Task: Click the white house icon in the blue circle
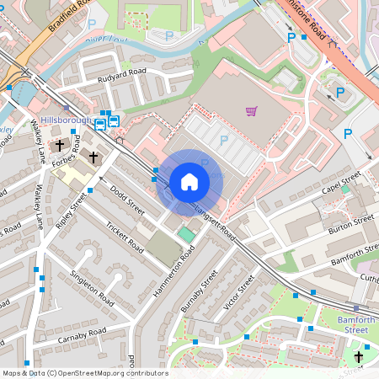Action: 189,182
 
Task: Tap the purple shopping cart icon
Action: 251,111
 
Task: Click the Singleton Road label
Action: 92,287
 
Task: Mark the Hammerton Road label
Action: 173,274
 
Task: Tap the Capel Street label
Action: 341,181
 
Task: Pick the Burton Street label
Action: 351,223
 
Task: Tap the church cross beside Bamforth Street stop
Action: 360,357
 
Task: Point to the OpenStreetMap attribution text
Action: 84,373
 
